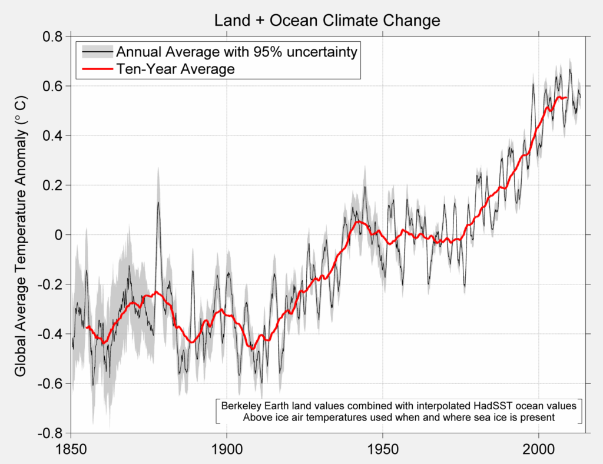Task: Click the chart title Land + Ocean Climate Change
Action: [327, 21]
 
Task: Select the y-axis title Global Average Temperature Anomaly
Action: [20, 236]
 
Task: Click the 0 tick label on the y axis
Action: [59, 234]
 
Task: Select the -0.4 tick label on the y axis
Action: [49, 334]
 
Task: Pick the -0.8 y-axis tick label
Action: [49, 433]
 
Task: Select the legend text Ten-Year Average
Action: [175, 69]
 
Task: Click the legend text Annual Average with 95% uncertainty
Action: [236, 52]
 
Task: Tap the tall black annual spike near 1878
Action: [158, 203]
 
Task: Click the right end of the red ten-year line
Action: [566, 98]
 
